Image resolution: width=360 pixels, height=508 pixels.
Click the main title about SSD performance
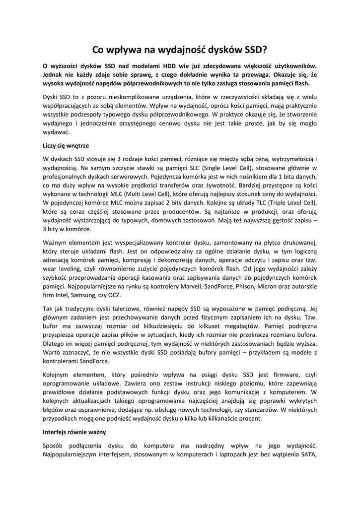(180, 50)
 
